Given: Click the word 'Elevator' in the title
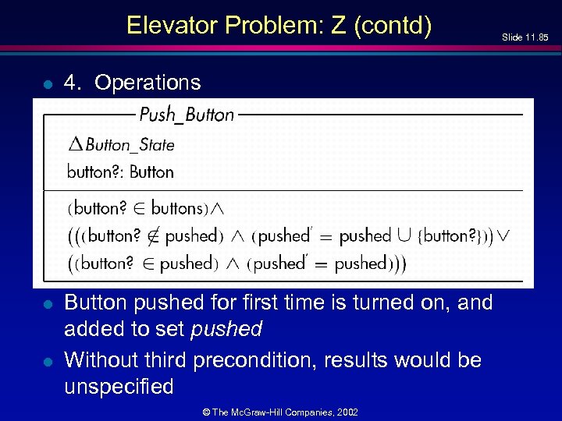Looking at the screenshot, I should point(172,25).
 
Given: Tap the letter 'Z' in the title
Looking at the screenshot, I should point(337,25).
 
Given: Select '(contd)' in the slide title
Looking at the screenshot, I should point(392,26).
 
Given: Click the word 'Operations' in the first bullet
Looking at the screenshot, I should point(148,82).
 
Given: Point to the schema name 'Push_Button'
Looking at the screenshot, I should point(187,115).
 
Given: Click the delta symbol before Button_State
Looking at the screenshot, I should point(75,144).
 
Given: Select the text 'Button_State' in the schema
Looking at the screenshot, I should point(130,145).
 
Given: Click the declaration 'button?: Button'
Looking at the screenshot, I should point(120,172).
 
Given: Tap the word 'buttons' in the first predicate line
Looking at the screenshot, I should point(176,208).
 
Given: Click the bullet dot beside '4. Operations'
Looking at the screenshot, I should point(48,83).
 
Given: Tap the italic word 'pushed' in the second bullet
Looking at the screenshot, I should point(226,329).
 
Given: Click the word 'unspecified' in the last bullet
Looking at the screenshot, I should point(119,387).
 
